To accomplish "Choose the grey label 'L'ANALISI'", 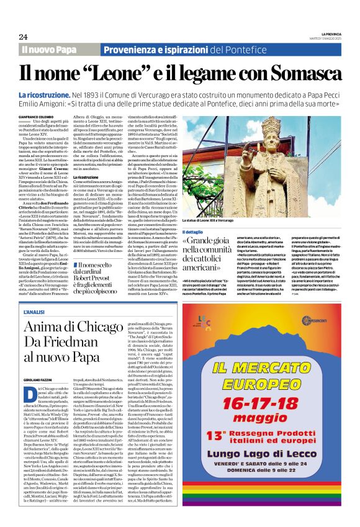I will click(x=32, y=311).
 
